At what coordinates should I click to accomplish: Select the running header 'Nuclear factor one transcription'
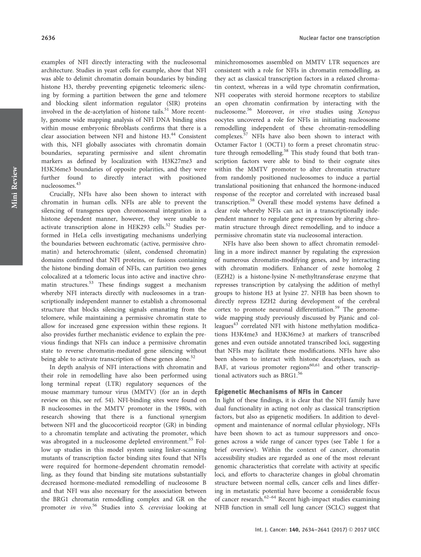pos(339,38)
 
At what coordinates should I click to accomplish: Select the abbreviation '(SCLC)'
pos(339,508)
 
